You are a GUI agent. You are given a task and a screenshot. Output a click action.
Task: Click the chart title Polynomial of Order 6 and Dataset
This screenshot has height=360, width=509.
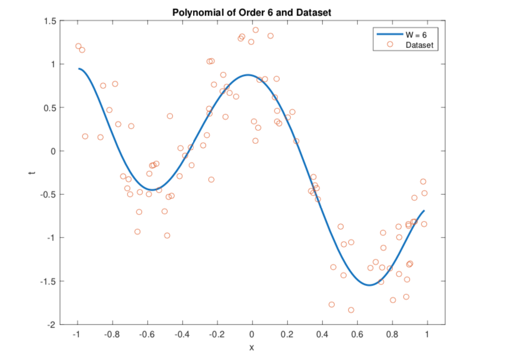pos(252,12)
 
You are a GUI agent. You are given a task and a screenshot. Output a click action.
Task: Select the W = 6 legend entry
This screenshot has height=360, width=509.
pos(416,35)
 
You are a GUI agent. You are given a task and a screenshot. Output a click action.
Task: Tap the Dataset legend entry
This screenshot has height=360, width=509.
pos(419,44)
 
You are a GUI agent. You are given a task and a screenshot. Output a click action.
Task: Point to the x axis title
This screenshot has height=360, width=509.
pos(252,347)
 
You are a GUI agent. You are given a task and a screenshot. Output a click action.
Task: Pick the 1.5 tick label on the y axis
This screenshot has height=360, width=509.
pos(50,21)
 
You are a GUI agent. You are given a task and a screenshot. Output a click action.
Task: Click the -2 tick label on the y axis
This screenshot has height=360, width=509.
pos(52,324)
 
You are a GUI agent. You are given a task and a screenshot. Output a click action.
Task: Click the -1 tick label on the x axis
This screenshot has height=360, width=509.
pos(76,334)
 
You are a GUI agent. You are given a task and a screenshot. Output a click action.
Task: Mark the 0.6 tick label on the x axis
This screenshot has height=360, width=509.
pos(357,334)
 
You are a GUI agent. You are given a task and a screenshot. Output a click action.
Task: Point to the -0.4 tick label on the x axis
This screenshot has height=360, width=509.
pos(181,334)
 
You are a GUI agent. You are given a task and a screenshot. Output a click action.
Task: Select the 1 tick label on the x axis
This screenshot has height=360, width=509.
pos(427,334)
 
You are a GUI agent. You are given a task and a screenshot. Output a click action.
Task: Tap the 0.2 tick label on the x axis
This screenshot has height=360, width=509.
pos(287,334)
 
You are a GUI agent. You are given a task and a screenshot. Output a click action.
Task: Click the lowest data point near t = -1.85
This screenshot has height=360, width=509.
pos(351,310)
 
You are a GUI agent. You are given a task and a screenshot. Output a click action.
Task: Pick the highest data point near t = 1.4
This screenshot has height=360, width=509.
pos(255,30)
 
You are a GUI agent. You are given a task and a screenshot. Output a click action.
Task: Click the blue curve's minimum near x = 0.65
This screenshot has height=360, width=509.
pos(369,285)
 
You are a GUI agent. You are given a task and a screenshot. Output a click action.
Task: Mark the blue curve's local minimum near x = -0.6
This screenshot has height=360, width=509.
pos(152,189)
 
